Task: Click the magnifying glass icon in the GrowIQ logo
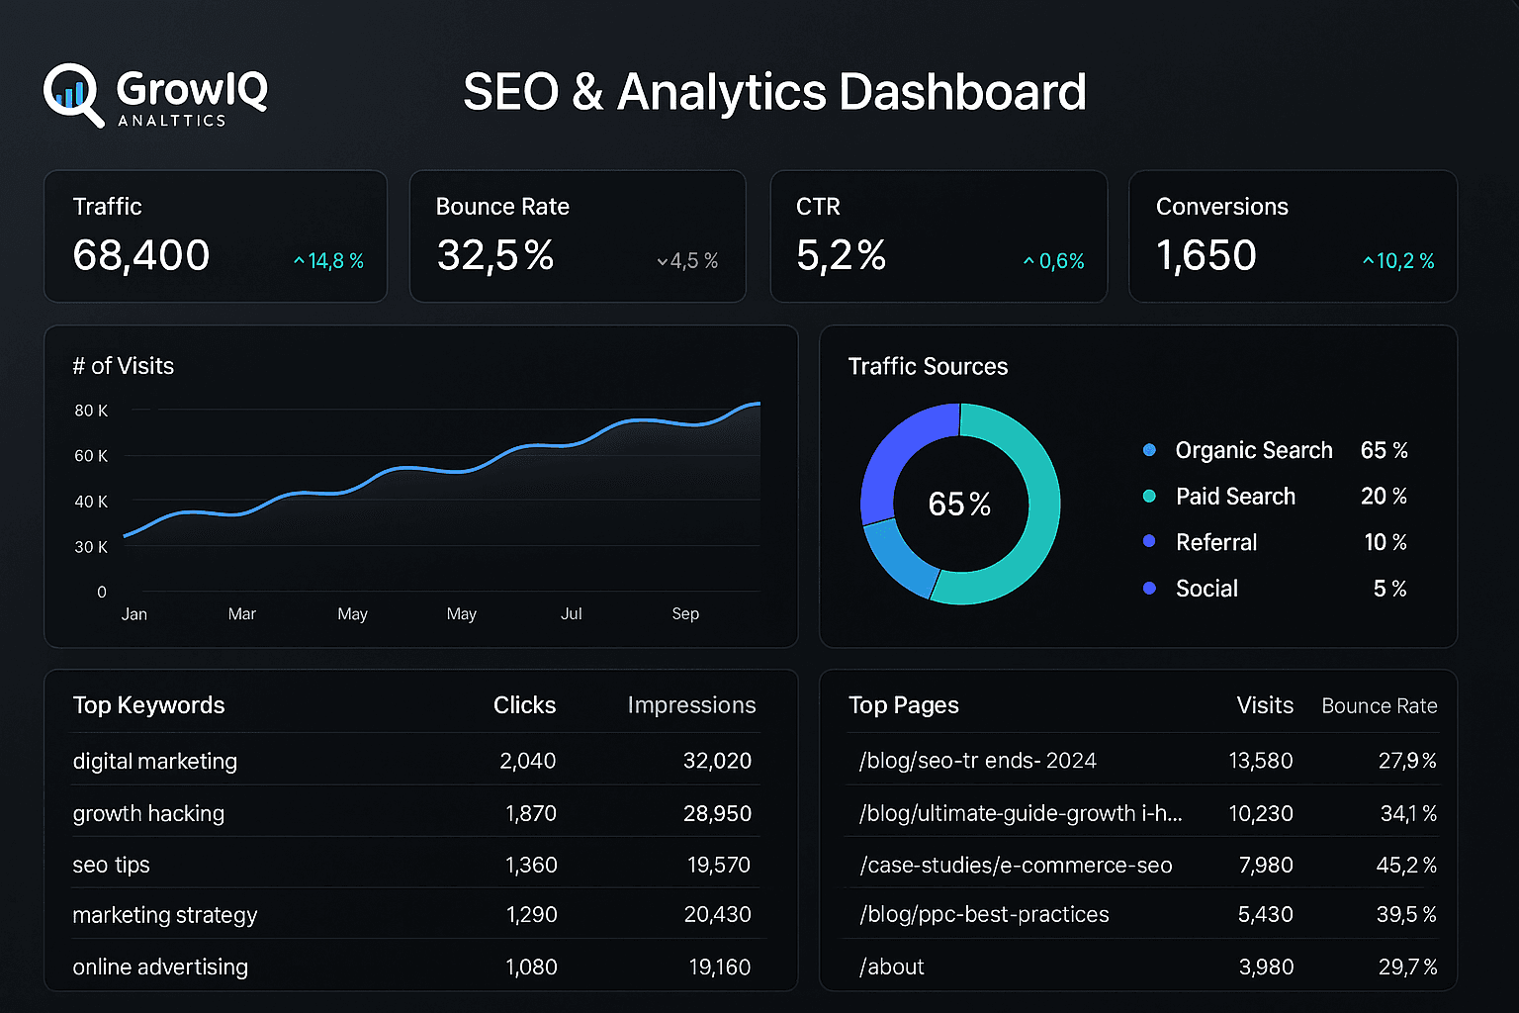[71, 94]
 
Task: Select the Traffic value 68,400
[141, 256]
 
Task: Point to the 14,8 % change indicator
[330, 261]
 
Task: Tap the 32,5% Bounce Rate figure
[495, 256]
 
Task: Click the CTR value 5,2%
[841, 256]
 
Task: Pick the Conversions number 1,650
[1206, 256]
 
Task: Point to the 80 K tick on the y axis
[91, 411]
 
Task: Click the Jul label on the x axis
[571, 614]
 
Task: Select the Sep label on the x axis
[685, 614]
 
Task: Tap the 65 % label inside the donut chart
[959, 505]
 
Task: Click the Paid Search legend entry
[1234, 497]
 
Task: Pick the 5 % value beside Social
[1389, 589]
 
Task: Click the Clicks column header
[524, 705]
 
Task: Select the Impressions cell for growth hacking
[717, 813]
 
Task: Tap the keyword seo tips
[111, 865]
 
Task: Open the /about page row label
[892, 967]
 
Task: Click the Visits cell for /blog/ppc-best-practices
[1265, 915]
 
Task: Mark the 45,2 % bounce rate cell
[1405, 865]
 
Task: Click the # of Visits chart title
[124, 366]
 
